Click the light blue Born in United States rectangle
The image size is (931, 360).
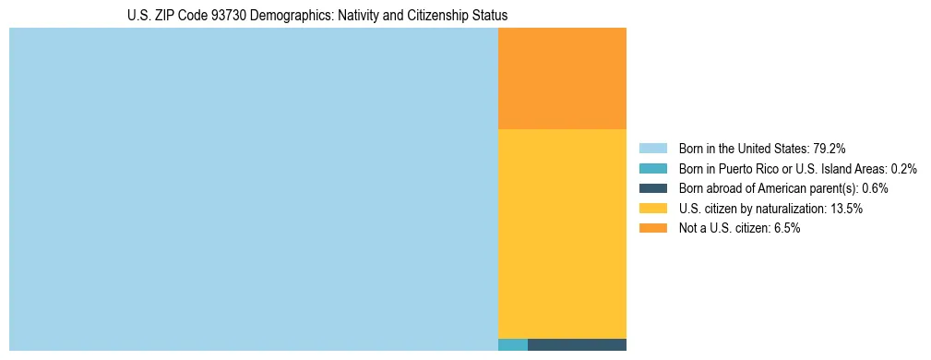(253, 189)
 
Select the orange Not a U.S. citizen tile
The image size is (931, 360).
(562, 78)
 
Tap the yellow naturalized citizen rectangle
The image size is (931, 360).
(562, 234)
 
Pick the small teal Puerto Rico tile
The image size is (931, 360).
(512, 345)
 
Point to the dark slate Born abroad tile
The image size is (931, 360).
(577, 345)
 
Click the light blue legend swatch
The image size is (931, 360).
(652, 148)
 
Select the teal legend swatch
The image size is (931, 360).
(652, 168)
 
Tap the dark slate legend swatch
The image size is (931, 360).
(652, 188)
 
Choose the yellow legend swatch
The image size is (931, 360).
(652, 209)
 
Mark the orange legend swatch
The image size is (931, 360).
(652, 229)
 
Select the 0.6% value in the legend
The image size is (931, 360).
(875, 188)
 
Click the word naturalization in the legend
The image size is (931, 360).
(787, 209)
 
